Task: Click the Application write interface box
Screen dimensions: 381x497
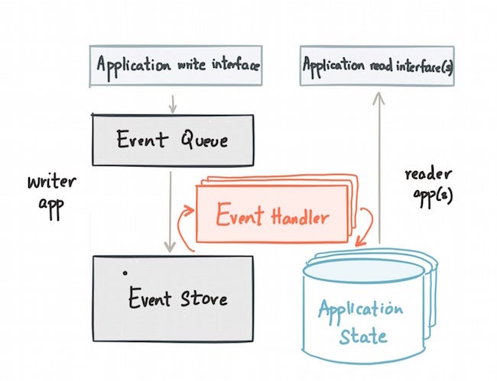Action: click(x=176, y=65)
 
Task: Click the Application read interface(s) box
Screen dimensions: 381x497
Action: click(x=378, y=65)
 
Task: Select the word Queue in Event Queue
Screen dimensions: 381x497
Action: click(x=204, y=140)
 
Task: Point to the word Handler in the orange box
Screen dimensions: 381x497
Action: click(x=299, y=217)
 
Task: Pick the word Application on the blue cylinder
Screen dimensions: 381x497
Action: click(x=360, y=310)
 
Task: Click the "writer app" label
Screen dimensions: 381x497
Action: click(x=50, y=194)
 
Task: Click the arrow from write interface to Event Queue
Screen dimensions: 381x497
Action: click(x=173, y=102)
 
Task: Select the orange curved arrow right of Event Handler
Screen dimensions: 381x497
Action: click(x=368, y=224)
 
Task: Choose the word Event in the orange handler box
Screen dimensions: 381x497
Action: click(x=239, y=216)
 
